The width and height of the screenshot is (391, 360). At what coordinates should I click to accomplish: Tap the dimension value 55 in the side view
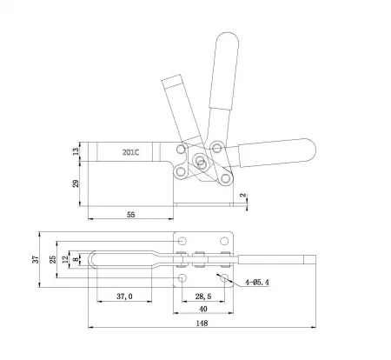pyautogui.click(x=131, y=214)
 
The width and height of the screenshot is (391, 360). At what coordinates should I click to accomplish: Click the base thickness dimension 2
pyautogui.click(x=245, y=197)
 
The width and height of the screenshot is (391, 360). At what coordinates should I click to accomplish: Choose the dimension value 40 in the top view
pyautogui.click(x=205, y=308)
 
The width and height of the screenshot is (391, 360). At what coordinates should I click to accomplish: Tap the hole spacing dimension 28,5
pyautogui.click(x=205, y=296)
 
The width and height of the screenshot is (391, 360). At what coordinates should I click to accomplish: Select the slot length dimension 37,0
pyautogui.click(x=124, y=296)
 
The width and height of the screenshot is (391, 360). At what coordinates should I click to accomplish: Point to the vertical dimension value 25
pyautogui.click(x=54, y=258)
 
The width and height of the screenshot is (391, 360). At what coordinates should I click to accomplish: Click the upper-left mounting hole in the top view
pyautogui.click(x=183, y=241)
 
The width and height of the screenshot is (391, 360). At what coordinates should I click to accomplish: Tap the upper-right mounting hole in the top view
pyautogui.click(x=225, y=241)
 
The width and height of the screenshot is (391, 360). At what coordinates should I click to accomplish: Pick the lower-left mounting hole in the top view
pyautogui.click(x=183, y=277)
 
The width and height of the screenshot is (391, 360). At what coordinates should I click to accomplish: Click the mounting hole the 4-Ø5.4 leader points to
pyautogui.click(x=225, y=277)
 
